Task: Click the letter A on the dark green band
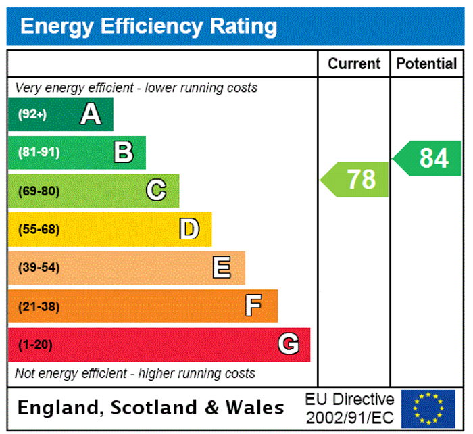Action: pyautogui.click(x=91, y=114)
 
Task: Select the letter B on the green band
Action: pyautogui.click(x=124, y=152)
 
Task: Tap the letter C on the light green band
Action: pyautogui.click(x=156, y=191)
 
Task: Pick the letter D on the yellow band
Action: pyautogui.click(x=189, y=229)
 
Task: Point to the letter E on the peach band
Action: pyautogui.click(x=222, y=268)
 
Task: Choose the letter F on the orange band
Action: pyautogui.click(x=253, y=306)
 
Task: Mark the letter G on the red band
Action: pyautogui.click(x=289, y=345)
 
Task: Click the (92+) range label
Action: pyautogui.click(x=32, y=114)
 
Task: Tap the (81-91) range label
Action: pyautogui.click(x=39, y=152)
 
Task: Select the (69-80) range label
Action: pyautogui.click(x=39, y=191)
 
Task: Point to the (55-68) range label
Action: pyautogui.click(x=39, y=229)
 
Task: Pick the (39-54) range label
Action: pyautogui.click(x=39, y=268)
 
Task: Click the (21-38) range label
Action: pyautogui.click(x=39, y=306)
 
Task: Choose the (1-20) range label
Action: pyautogui.click(x=35, y=345)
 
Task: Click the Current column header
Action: pyautogui.click(x=354, y=64)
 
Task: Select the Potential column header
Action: pyautogui.click(x=426, y=64)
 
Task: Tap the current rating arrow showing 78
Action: pyautogui.click(x=355, y=180)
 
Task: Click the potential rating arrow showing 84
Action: pyautogui.click(x=428, y=158)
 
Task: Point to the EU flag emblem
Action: pyautogui.click(x=428, y=408)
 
